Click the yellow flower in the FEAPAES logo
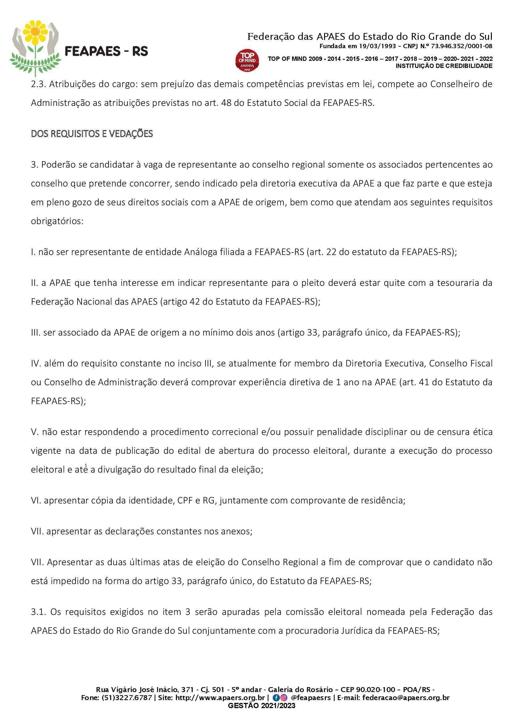pyautogui.click(x=35, y=33)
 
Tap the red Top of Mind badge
pyautogui.click(x=247, y=60)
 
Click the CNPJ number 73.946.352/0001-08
pyautogui.click(x=462, y=46)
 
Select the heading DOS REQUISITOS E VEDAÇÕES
pyautogui.click(x=91, y=134)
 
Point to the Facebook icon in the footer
pyautogui.click(x=276, y=698)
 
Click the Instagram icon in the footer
pyautogui.click(x=284, y=698)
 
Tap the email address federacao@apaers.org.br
pyautogui.click(x=406, y=698)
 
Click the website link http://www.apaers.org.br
pyautogui.click(x=220, y=698)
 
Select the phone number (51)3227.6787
pyautogui.click(x=127, y=698)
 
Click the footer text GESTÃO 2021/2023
pyautogui.click(x=261, y=705)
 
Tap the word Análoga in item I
pyautogui.click(x=201, y=252)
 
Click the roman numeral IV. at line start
pyautogui.click(x=36, y=364)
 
